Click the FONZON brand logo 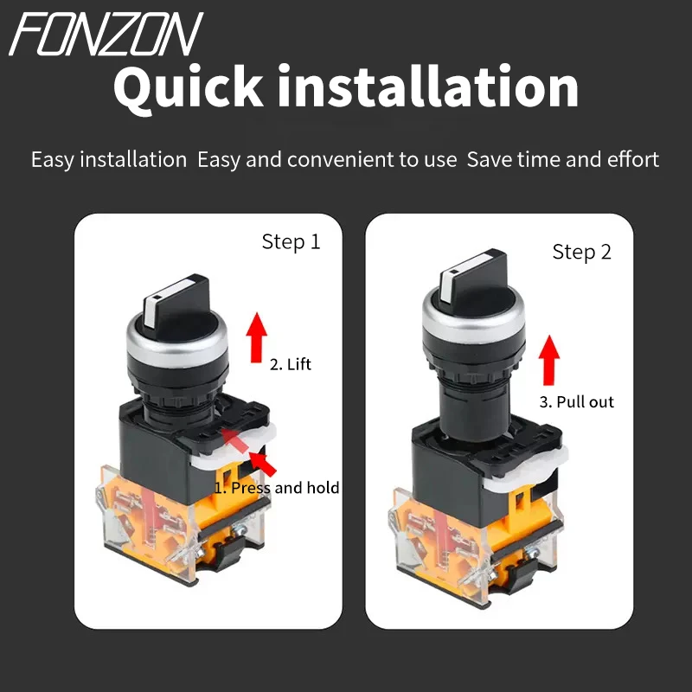pyautogui.click(x=106, y=34)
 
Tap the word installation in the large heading pyautogui.click(x=428, y=85)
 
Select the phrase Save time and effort pyautogui.click(x=563, y=159)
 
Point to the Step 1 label pyautogui.click(x=291, y=242)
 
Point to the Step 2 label pyautogui.click(x=581, y=253)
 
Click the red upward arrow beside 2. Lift pyautogui.click(x=256, y=337)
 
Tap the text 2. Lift pyautogui.click(x=291, y=364)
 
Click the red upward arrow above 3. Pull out pyautogui.click(x=549, y=360)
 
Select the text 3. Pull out pyautogui.click(x=576, y=402)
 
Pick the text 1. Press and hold pyautogui.click(x=277, y=488)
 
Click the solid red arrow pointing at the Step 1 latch pyautogui.click(x=262, y=464)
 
